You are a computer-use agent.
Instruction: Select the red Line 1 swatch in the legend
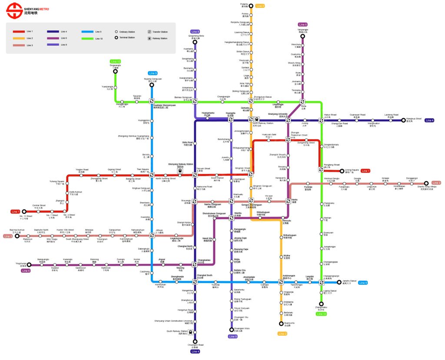[x=19, y=32]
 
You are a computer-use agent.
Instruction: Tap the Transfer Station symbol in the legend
[x=150, y=32]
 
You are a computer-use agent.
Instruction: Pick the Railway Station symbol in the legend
[x=150, y=38]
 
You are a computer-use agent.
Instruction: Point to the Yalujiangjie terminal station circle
[x=303, y=36]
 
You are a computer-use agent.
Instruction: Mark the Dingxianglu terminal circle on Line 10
[x=115, y=72]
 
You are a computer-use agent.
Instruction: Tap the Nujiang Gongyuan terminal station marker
[x=152, y=84]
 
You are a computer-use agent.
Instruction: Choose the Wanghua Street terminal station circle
[x=403, y=120]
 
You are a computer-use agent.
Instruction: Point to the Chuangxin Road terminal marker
[x=195, y=341]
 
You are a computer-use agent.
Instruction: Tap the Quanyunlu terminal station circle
[x=281, y=323]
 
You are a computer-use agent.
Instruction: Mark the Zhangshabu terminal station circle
[x=321, y=304]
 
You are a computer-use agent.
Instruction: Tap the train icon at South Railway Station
[x=190, y=332]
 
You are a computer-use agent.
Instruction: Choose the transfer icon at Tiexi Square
[x=152, y=175]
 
